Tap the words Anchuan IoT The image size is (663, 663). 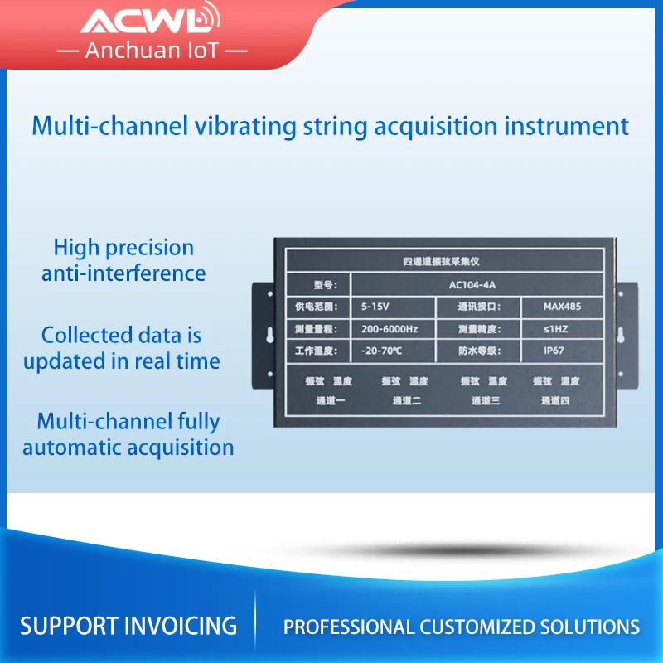(152, 50)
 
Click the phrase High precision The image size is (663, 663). (123, 247)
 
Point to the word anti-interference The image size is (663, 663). (123, 273)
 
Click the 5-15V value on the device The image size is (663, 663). (375, 307)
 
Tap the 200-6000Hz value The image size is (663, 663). (390, 329)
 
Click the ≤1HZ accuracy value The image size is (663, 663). (555, 329)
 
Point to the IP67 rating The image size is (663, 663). (554, 351)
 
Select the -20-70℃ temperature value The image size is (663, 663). (381, 351)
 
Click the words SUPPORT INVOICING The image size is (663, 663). (128, 625)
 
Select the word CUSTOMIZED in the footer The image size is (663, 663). (482, 627)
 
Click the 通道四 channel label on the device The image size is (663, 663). (555, 401)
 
